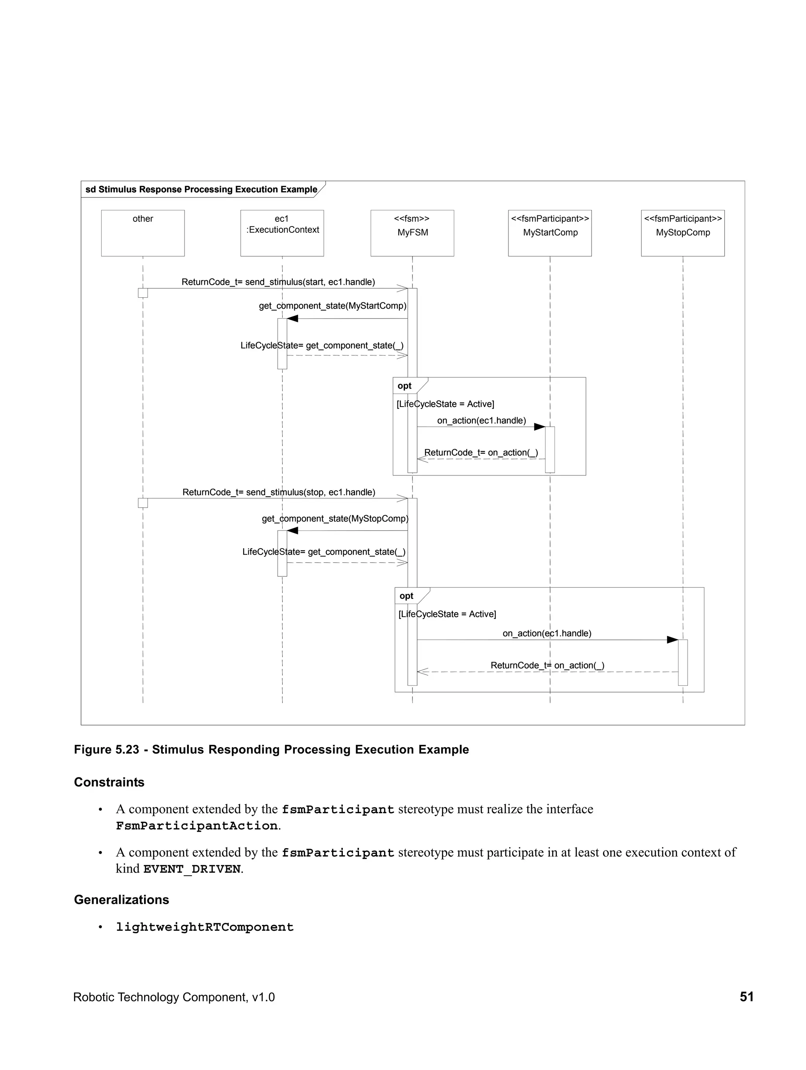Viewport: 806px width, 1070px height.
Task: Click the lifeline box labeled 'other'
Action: [x=143, y=233]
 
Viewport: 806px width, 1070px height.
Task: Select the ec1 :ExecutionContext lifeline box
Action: [x=282, y=233]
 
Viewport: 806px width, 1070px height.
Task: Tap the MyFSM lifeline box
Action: [x=412, y=233]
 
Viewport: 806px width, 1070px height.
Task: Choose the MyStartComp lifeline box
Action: [x=549, y=233]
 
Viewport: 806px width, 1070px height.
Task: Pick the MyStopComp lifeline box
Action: [x=682, y=233]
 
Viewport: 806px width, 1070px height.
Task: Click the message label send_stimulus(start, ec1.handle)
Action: [x=278, y=282]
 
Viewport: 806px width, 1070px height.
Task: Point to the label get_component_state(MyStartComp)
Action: [x=333, y=306]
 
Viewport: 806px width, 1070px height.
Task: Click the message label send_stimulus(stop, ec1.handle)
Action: [x=279, y=492]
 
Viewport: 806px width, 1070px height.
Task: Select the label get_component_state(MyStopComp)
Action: [x=335, y=519]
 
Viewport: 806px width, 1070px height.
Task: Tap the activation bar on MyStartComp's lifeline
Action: [x=550, y=449]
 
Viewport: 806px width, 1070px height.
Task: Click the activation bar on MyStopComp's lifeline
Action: [x=682, y=662]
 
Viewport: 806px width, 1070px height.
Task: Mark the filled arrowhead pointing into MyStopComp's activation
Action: [x=673, y=640]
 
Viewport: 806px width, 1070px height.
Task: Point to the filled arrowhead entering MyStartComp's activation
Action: [x=539, y=427]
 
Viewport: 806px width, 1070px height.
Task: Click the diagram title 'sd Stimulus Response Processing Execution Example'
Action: [x=201, y=190]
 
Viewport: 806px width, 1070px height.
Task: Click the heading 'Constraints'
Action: [x=109, y=782]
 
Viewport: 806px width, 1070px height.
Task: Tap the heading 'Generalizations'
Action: [x=122, y=900]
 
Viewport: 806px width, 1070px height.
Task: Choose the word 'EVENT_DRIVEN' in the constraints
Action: [x=192, y=869]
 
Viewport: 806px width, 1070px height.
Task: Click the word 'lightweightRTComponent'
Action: [x=205, y=927]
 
